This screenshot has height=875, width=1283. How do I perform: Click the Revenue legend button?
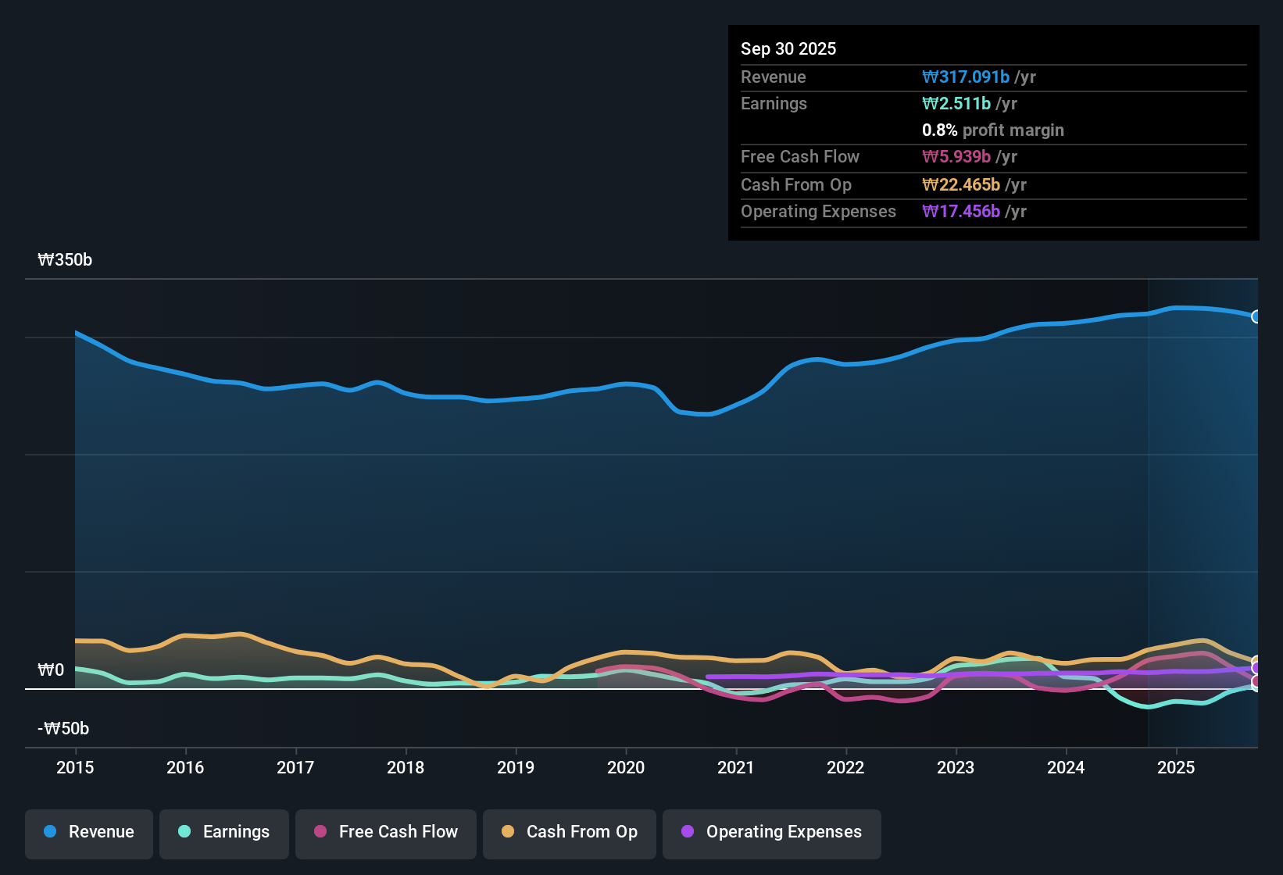[x=89, y=832]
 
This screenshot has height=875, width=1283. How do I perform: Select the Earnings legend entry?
[x=224, y=832]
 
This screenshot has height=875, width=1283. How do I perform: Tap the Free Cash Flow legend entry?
[x=386, y=832]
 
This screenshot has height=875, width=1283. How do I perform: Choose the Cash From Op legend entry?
[x=570, y=832]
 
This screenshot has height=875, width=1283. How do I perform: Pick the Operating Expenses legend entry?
[x=772, y=832]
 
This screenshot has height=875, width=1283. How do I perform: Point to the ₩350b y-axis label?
[x=65, y=260]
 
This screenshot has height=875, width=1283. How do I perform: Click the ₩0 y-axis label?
[x=51, y=670]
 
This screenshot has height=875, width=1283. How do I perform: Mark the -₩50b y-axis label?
[x=63, y=729]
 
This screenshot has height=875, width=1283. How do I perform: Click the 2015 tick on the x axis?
[x=75, y=767]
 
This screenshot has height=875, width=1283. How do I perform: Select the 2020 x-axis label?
[x=626, y=767]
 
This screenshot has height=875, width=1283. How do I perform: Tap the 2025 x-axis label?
[x=1176, y=767]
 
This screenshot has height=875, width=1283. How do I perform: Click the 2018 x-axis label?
[x=406, y=767]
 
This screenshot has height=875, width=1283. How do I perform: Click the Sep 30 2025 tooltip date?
[x=788, y=49]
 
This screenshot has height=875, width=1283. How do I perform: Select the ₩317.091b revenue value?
[x=966, y=77]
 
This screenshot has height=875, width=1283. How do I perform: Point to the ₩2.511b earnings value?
[x=956, y=104]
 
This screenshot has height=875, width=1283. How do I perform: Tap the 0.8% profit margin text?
[x=992, y=130]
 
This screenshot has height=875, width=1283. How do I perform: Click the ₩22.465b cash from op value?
[x=961, y=185]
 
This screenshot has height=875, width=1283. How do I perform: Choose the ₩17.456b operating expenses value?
[x=961, y=212]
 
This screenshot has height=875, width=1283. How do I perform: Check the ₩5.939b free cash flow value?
[x=956, y=157]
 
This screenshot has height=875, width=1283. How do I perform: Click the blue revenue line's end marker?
[x=1256, y=316]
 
